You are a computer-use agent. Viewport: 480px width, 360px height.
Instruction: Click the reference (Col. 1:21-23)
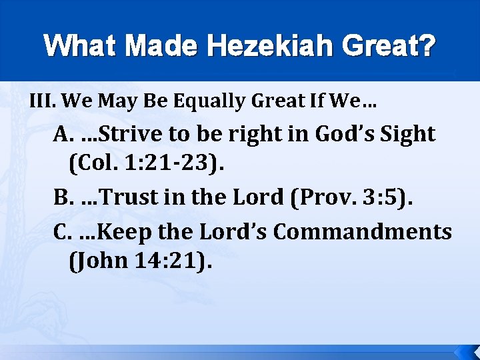[x=146, y=164]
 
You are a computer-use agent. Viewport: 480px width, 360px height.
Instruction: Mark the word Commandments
[x=363, y=231]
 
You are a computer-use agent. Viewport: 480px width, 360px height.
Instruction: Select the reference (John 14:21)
[x=139, y=261]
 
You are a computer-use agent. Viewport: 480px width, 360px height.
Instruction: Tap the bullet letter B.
[x=61, y=198]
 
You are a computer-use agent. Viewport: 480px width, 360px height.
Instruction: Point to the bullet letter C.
[x=61, y=231]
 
